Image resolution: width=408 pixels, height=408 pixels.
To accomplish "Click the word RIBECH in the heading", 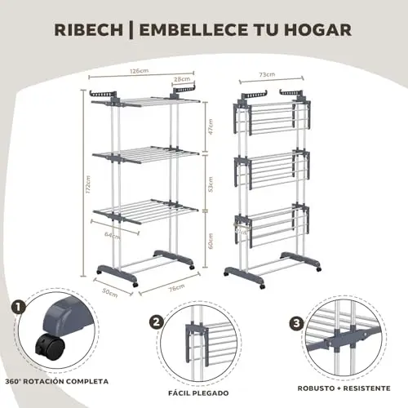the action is [88, 29].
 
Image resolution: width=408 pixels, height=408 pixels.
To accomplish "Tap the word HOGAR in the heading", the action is [318, 29].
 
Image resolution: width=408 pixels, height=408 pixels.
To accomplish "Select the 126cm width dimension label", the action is [140, 71].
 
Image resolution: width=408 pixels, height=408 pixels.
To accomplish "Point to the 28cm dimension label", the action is [182, 79].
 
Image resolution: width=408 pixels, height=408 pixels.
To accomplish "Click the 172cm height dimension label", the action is [88, 184].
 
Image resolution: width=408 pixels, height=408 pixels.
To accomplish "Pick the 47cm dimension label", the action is [211, 126].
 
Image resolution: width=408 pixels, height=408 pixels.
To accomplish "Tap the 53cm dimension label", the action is [211, 184].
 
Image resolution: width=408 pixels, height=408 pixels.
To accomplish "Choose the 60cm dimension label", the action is [211, 241].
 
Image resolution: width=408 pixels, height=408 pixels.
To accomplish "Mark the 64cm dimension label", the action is [113, 235].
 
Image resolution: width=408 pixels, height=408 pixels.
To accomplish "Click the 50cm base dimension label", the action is [110, 293].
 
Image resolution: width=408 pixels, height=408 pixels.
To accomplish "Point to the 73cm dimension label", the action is [267, 74].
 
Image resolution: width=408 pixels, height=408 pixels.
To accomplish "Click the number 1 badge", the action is [19, 308].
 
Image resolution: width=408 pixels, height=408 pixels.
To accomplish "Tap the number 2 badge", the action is [157, 322].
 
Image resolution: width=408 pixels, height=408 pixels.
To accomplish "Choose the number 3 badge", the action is [296, 324].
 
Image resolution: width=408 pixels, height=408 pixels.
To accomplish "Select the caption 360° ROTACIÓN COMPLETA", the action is [56, 381].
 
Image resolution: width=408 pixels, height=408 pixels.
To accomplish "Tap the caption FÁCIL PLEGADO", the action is [198, 393].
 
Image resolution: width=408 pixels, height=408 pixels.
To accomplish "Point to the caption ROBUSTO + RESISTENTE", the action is [344, 388].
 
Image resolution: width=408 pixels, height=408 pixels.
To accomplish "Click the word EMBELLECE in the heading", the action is [193, 29].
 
